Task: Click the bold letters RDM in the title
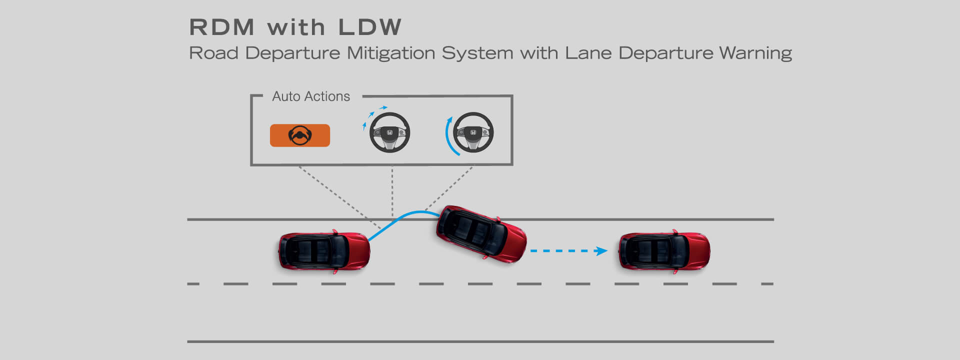222,27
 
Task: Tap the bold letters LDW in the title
369,27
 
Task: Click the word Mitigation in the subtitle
391,53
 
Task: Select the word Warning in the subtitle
755,53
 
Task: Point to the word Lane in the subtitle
588,53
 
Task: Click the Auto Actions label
311,96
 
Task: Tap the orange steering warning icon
300,135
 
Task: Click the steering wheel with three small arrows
389,132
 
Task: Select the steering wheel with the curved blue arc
473,132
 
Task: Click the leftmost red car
324,251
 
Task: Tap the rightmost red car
664,251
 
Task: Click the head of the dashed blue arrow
601,251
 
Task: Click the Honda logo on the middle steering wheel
389,132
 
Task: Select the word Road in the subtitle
213,53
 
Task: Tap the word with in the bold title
296,27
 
